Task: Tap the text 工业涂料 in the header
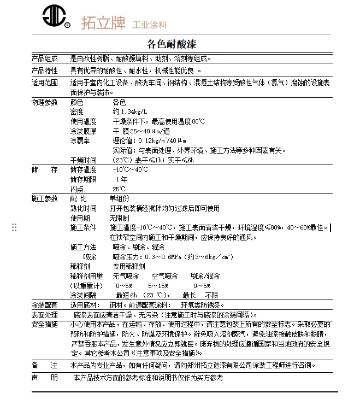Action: pyautogui.click(x=149, y=25)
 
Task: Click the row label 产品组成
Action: pyautogui.click(x=44, y=58)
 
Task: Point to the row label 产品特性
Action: pyautogui.click(x=44, y=71)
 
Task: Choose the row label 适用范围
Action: pyautogui.click(x=44, y=83)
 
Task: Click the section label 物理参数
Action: pyautogui.click(x=44, y=102)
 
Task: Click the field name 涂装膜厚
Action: pyautogui.click(x=83, y=131)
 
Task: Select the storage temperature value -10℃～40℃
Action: pyautogui.click(x=130, y=169)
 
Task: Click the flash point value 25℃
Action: pyautogui.click(x=119, y=189)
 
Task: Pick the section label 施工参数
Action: pyautogui.click(x=44, y=198)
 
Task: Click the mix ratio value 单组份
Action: pyautogui.click(x=120, y=198)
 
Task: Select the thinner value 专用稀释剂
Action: pyautogui.click(x=129, y=266)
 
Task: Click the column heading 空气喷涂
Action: pyautogui.click(x=164, y=276)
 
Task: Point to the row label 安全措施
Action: pyautogui.click(x=44, y=324)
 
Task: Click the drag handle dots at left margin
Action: pyautogui.click(x=15, y=227)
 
